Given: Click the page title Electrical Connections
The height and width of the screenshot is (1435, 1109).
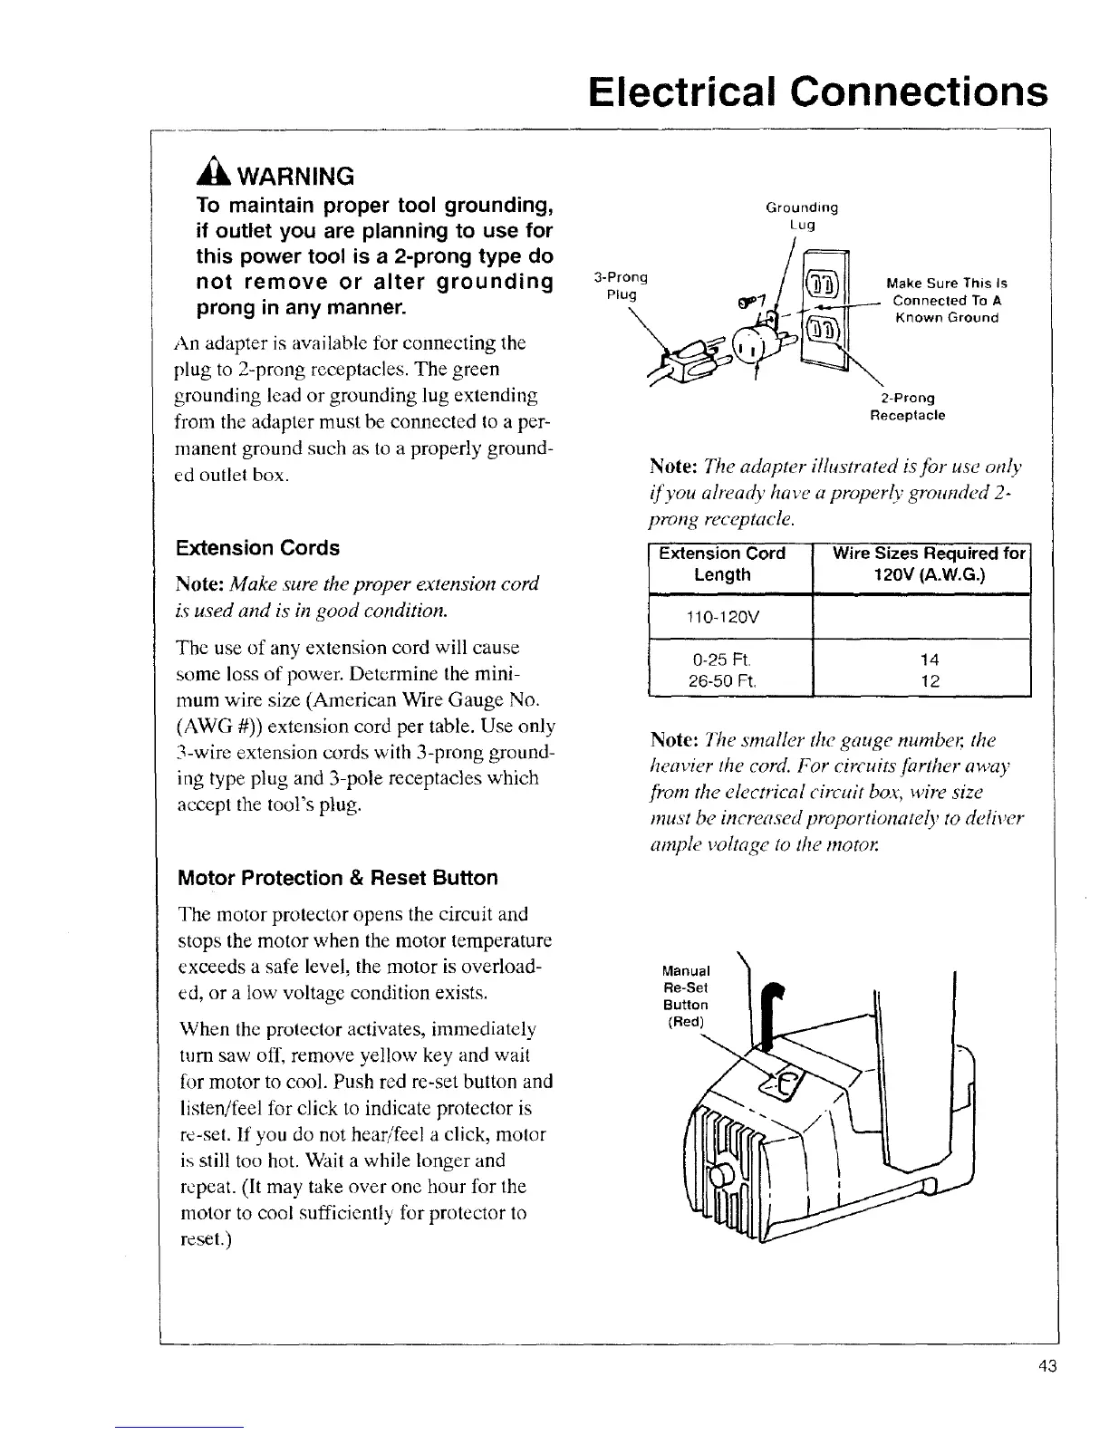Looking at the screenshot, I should click(x=816, y=91).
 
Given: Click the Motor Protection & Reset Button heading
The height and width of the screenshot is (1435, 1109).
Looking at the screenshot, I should click(x=338, y=878).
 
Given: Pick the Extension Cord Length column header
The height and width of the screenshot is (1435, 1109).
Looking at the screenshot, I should click(x=722, y=563).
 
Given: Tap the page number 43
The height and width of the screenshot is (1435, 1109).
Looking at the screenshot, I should click(x=1048, y=1367).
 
